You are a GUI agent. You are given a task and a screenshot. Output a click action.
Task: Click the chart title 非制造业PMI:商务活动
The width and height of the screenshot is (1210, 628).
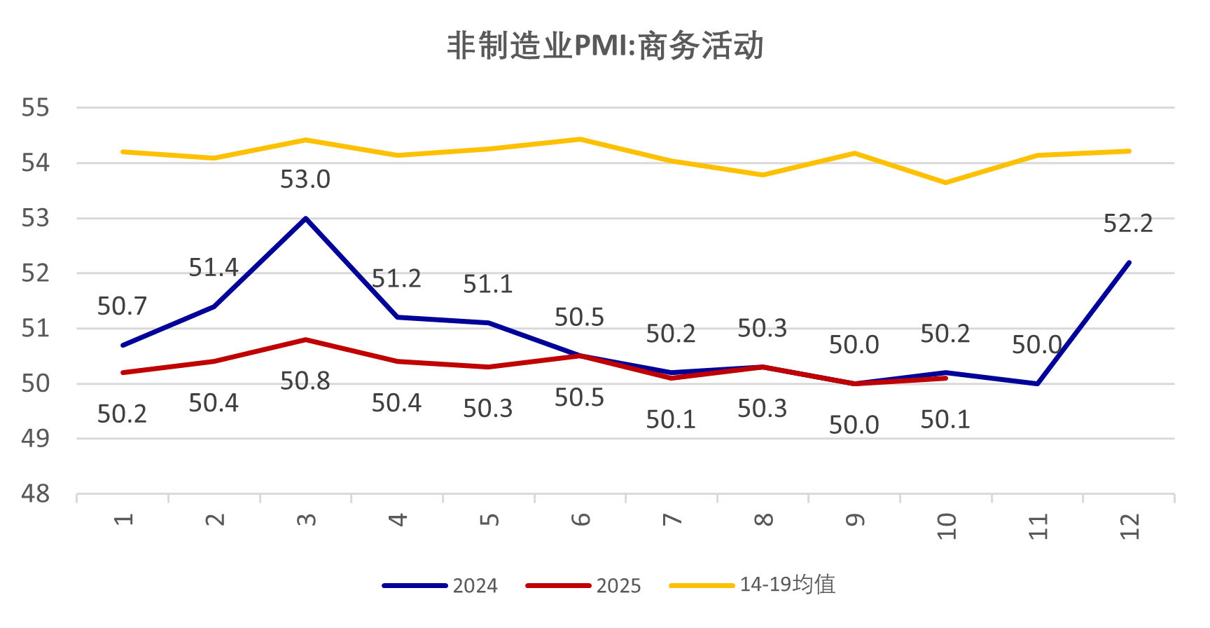[605, 46]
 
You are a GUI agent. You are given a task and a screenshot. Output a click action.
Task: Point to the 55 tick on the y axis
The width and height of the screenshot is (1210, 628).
[36, 108]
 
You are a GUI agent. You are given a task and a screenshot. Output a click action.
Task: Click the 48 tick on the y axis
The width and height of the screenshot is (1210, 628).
[36, 494]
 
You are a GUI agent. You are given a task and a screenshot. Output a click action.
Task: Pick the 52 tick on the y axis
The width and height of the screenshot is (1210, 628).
[36, 273]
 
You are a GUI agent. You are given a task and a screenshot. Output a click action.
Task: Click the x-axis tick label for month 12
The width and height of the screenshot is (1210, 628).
[1129, 526]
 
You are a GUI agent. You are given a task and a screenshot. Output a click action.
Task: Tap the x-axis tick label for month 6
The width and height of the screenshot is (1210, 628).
[580, 519]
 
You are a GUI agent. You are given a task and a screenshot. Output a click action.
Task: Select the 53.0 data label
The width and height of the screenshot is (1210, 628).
[305, 180]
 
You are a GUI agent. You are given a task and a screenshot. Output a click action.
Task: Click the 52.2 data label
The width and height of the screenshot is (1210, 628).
[1128, 224]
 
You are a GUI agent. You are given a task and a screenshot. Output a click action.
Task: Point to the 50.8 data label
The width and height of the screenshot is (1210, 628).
[305, 381]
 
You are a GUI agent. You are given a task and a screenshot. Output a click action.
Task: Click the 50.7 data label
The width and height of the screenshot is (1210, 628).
[123, 306]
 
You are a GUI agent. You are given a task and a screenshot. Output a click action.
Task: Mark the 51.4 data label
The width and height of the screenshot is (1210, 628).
[214, 268]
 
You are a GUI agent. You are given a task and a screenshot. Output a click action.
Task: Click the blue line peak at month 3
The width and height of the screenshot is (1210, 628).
[306, 219]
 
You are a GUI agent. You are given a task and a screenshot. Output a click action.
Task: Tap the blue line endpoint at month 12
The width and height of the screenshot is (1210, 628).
[1129, 263]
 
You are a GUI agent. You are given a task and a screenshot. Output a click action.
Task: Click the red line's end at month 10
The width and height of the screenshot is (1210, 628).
[946, 378]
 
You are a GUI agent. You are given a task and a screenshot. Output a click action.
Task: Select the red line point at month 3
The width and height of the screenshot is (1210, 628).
[306, 340]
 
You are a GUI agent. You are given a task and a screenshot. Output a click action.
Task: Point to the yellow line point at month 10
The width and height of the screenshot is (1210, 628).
[946, 183]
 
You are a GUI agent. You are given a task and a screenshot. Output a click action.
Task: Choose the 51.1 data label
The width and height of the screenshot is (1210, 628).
[488, 285]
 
